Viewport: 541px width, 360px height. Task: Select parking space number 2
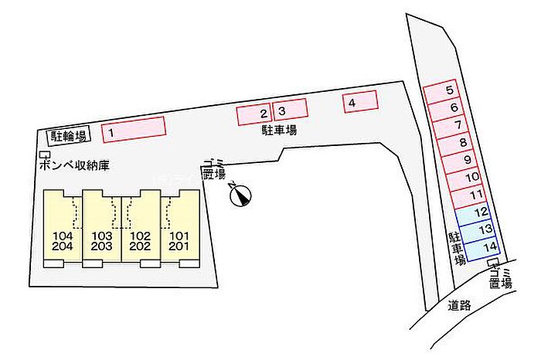click(x=253, y=114)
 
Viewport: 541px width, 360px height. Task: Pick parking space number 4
click(x=359, y=102)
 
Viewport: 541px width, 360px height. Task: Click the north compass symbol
click(x=240, y=196)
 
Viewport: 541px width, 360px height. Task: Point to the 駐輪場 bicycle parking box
click(x=69, y=136)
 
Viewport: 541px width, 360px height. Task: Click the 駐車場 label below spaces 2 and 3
click(x=278, y=131)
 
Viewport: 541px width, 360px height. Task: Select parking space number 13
click(x=482, y=229)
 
